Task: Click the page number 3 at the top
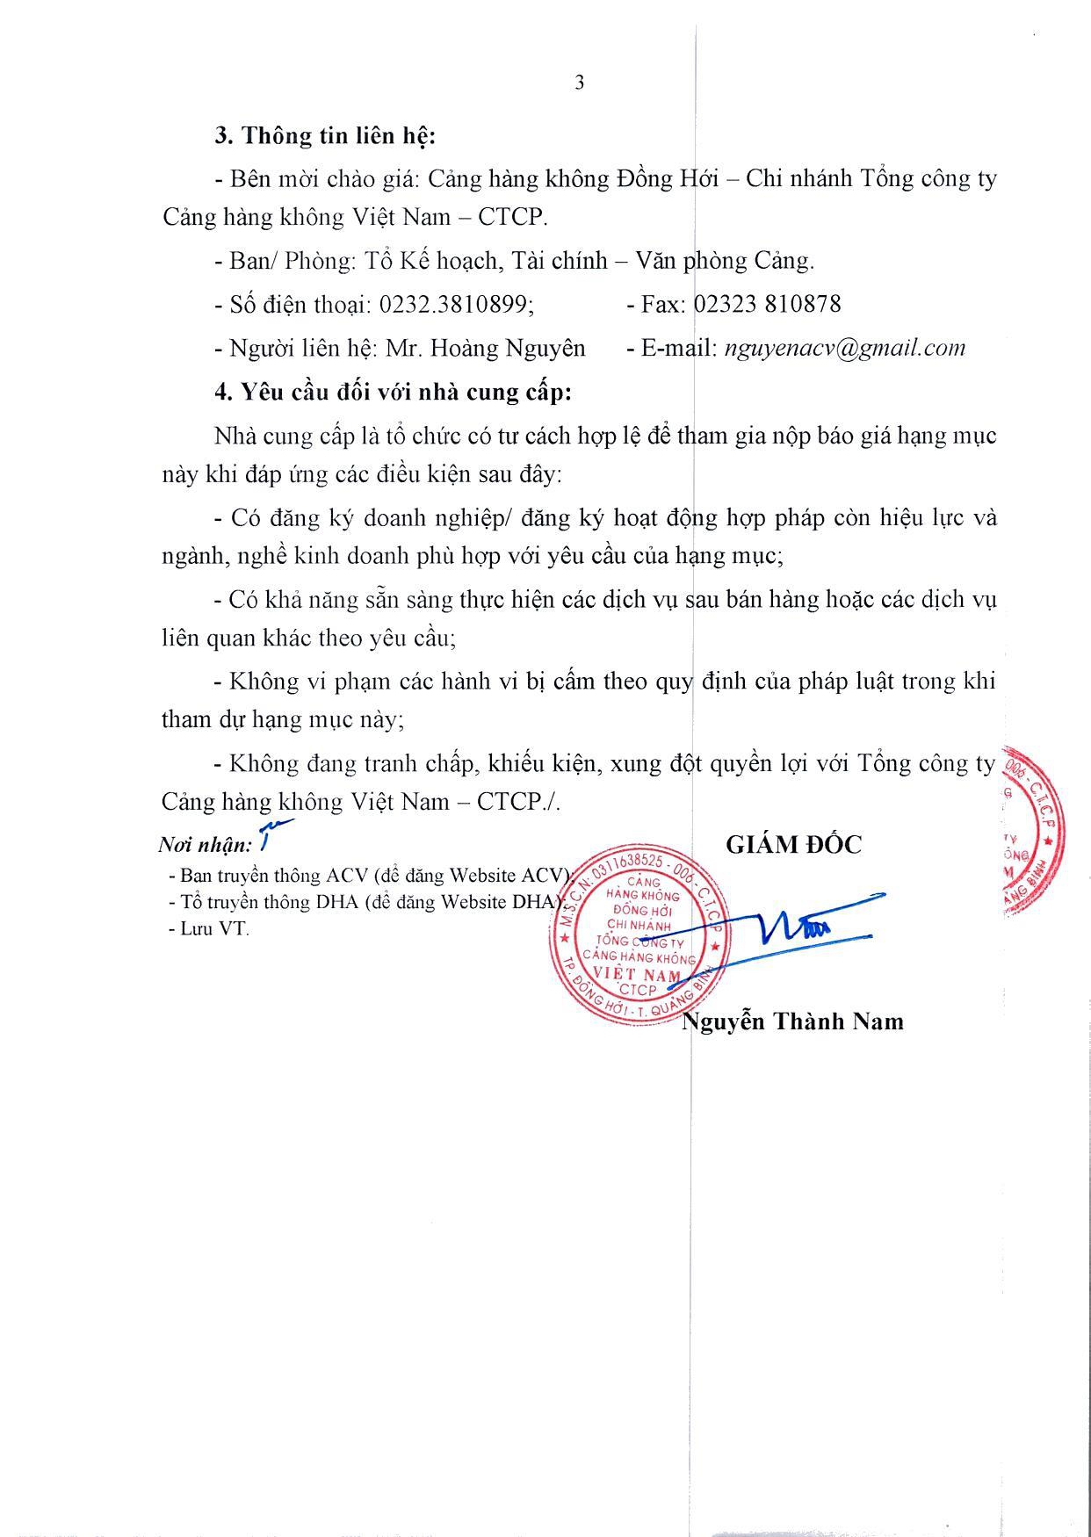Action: pyautogui.click(x=579, y=83)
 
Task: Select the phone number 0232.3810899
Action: pyautogui.click(x=456, y=305)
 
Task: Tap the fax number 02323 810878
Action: pyautogui.click(x=767, y=305)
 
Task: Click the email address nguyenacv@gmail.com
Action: pyautogui.click(x=844, y=348)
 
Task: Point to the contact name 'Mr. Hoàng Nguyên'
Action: pyautogui.click(x=486, y=349)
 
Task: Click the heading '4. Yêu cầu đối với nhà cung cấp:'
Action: pyautogui.click(x=393, y=392)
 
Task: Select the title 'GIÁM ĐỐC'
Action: pyautogui.click(x=793, y=845)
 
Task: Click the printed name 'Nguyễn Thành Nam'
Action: pyautogui.click(x=793, y=1021)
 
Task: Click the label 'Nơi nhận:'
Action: pyautogui.click(x=205, y=846)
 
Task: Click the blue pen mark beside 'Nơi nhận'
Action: pyautogui.click(x=272, y=832)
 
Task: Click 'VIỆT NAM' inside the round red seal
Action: pyautogui.click(x=638, y=974)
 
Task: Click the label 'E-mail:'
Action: pyautogui.click(x=669, y=349)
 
